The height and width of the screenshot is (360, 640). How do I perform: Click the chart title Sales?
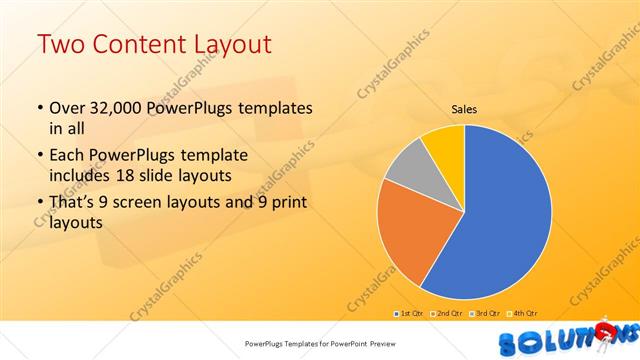[464, 109]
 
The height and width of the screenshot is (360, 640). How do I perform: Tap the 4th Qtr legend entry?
[524, 314]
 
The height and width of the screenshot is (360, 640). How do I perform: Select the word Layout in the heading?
[231, 44]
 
